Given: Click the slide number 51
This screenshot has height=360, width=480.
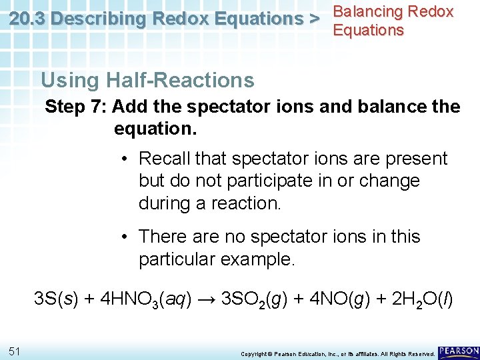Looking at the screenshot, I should (x=14, y=351).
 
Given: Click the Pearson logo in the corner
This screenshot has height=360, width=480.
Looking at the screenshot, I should (x=458, y=351).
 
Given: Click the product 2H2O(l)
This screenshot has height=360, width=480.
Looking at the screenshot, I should (x=416, y=300).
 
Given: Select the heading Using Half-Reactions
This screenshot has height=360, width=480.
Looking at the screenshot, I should (x=147, y=81).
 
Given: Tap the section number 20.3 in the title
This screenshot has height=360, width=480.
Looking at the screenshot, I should (x=28, y=19).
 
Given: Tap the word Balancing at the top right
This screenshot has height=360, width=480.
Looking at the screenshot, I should (x=369, y=11).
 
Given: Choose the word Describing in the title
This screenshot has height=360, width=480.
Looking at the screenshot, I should (x=99, y=19).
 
